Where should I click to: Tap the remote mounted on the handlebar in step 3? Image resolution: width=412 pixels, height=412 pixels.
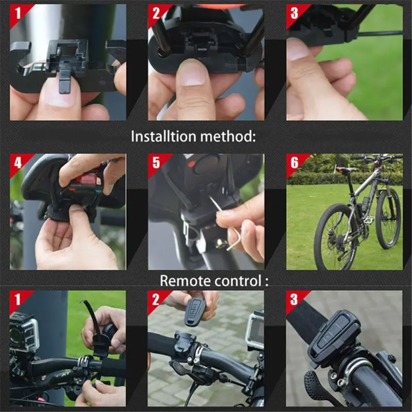point(335,335)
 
